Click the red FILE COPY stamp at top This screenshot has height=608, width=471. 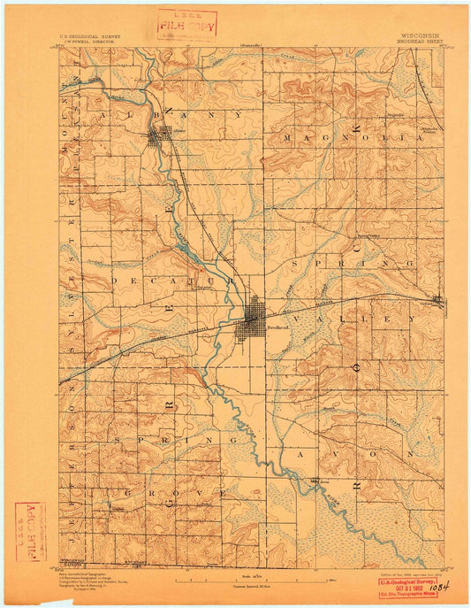[x=180, y=25]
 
